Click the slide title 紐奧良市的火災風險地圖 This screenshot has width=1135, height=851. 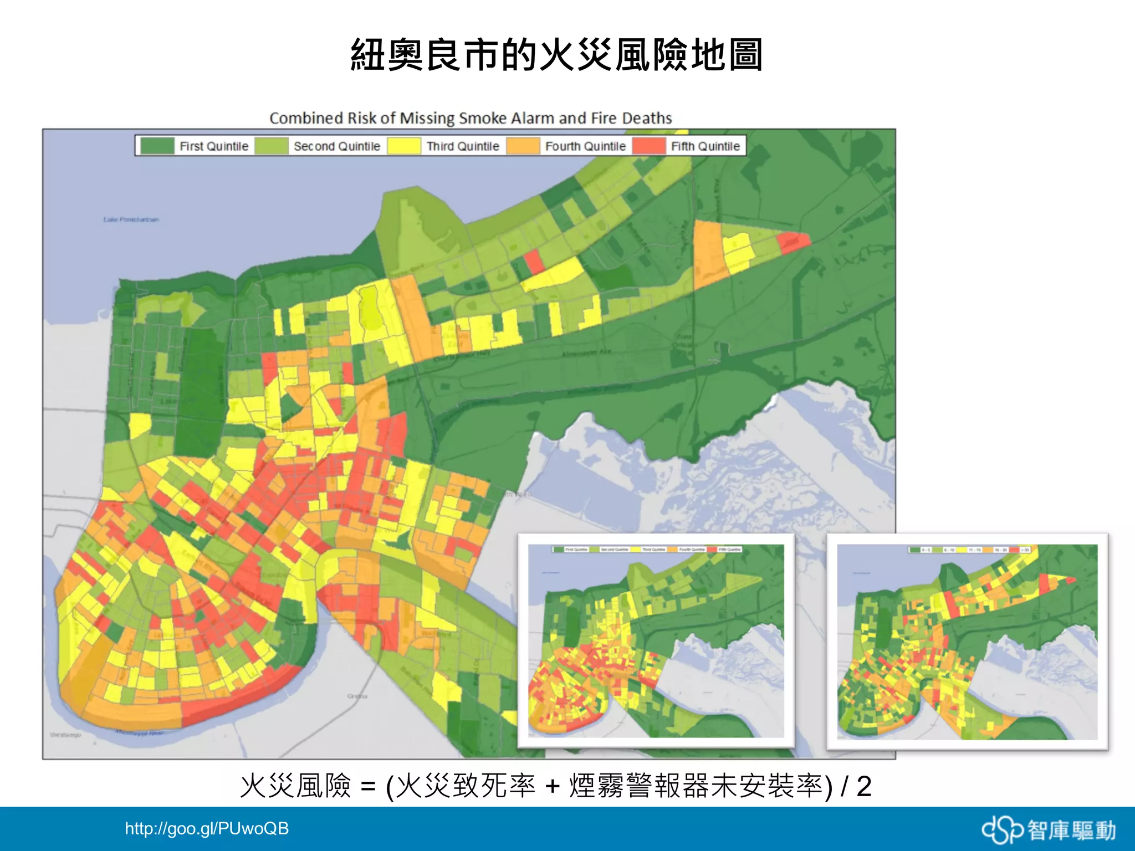556,55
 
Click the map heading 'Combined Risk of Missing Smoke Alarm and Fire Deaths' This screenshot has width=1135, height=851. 471,118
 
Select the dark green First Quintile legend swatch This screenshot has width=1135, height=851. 157,146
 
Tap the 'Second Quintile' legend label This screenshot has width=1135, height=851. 336,146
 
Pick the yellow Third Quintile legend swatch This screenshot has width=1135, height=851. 403,146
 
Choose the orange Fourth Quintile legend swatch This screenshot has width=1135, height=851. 523,146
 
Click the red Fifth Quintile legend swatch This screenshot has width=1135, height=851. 648,146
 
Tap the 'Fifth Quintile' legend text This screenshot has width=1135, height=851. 705,146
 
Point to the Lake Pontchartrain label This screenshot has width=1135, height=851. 131,219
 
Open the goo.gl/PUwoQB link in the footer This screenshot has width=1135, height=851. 207,829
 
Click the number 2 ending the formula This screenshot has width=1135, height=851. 863,787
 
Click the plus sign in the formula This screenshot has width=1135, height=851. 552,787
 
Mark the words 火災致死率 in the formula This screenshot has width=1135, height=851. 466,787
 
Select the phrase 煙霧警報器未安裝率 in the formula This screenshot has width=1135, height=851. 696,787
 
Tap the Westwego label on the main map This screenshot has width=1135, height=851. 65,735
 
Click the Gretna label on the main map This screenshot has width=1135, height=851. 357,696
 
